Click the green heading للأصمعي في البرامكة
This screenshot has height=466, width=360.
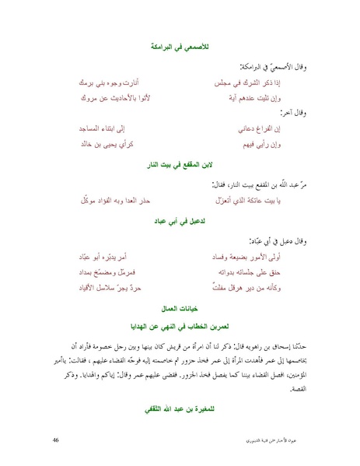180,49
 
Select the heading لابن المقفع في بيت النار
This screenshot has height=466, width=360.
180,166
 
